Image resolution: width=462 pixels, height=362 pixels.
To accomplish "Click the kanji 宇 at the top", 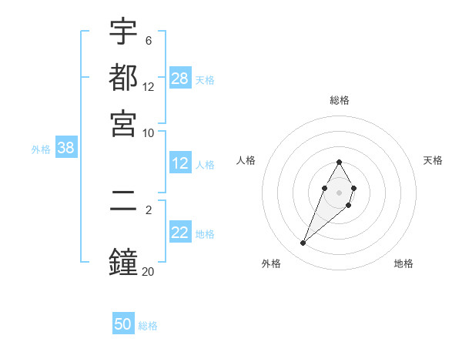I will (x=123, y=32).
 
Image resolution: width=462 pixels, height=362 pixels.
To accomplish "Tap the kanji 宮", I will (x=123, y=122).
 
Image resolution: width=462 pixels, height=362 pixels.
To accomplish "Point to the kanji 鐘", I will (x=123, y=260).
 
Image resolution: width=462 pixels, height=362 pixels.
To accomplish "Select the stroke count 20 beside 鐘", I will (x=148, y=270).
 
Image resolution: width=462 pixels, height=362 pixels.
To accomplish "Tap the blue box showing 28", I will (x=180, y=78).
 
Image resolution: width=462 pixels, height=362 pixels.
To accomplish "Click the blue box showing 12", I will (x=180, y=163).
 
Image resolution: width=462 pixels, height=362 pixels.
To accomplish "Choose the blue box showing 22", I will (x=180, y=233).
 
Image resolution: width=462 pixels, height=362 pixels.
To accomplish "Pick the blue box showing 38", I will (x=65, y=149).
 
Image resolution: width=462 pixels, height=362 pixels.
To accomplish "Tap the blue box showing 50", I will (x=123, y=324).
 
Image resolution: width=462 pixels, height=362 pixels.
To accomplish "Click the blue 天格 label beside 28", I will (x=205, y=79).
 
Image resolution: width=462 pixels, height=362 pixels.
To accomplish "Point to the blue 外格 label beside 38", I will (x=41, y=149).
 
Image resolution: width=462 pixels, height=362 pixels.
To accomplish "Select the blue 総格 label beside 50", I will (x=148, y=326).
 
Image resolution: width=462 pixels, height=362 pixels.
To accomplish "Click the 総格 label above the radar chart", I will (x=339, y=100).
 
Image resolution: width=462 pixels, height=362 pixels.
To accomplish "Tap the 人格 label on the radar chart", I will (x=246, y=160).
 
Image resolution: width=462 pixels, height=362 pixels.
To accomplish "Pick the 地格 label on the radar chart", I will (x=403, y=263).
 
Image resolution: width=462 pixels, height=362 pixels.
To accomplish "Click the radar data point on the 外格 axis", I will (x=303, y=243).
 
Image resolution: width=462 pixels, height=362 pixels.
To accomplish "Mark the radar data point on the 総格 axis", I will (x=339, y=162).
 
